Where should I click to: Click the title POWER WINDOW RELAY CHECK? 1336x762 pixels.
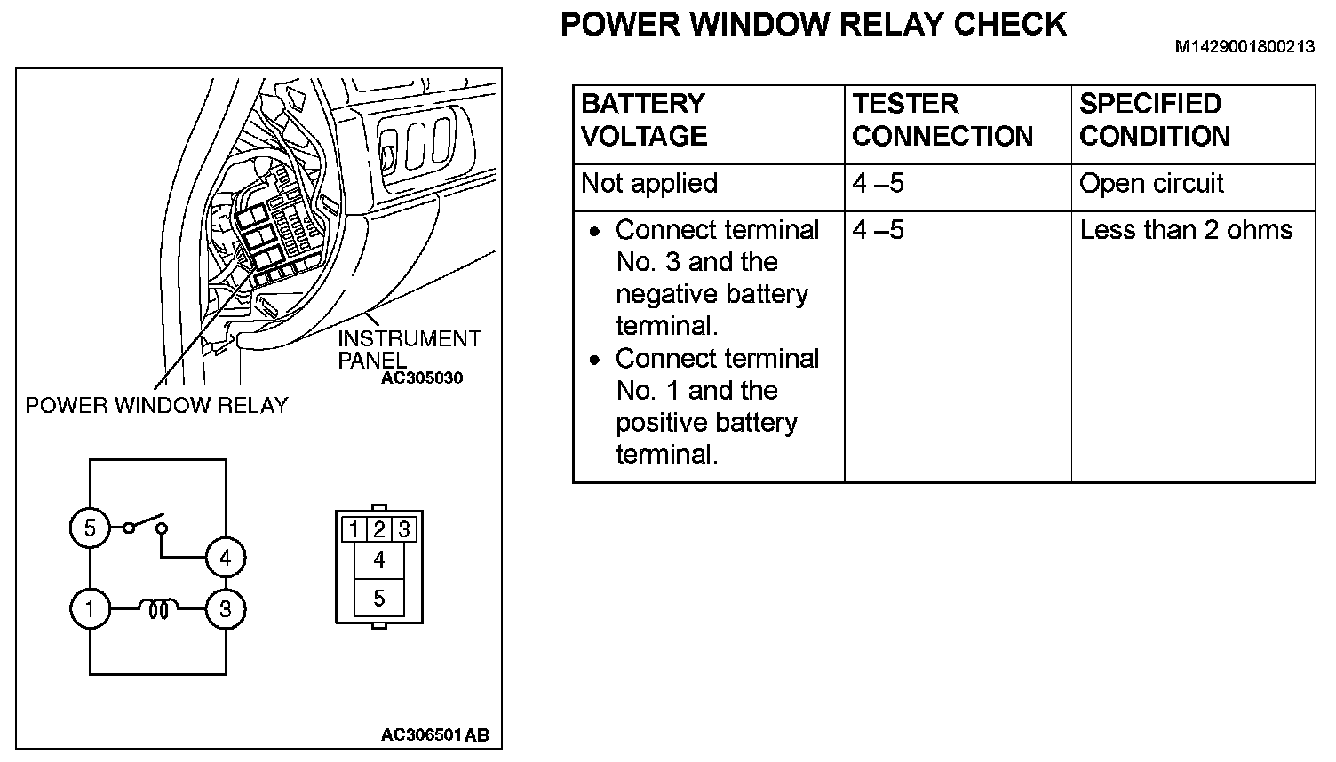[x=813, y=24]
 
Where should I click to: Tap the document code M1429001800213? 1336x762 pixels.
[x=1245, y=47]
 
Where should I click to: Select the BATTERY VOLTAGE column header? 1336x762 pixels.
[x=644, y=120]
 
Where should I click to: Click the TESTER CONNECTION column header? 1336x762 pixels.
[x=942, y=120]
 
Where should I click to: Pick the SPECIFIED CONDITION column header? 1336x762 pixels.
[x=1154, y=120]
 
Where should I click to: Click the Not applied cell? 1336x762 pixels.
[x=649, y=184]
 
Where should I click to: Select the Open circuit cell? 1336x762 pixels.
[x=1151, y=184]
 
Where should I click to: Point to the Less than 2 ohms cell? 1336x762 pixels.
[x=1186, y=231]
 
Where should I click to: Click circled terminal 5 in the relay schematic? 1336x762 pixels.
[x=90, y=528]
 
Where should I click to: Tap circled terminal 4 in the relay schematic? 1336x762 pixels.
[x=226, y=558]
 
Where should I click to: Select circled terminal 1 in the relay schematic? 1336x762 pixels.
[x=90, y=609]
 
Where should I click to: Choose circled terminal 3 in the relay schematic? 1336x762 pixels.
[x=226, y=609]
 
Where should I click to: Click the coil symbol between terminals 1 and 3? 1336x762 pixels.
[x=158, y=609]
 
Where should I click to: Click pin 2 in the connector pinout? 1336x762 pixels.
[x=379, y=530]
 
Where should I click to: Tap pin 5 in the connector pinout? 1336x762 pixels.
[x=379, y=598]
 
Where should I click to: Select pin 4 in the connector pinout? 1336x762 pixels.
[x=379, y=560]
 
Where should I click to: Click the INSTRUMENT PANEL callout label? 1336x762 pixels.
[x=409, y=349]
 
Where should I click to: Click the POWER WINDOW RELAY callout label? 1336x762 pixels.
[x=156, y=406]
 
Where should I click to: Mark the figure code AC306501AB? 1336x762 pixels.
[x=434, y=735]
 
